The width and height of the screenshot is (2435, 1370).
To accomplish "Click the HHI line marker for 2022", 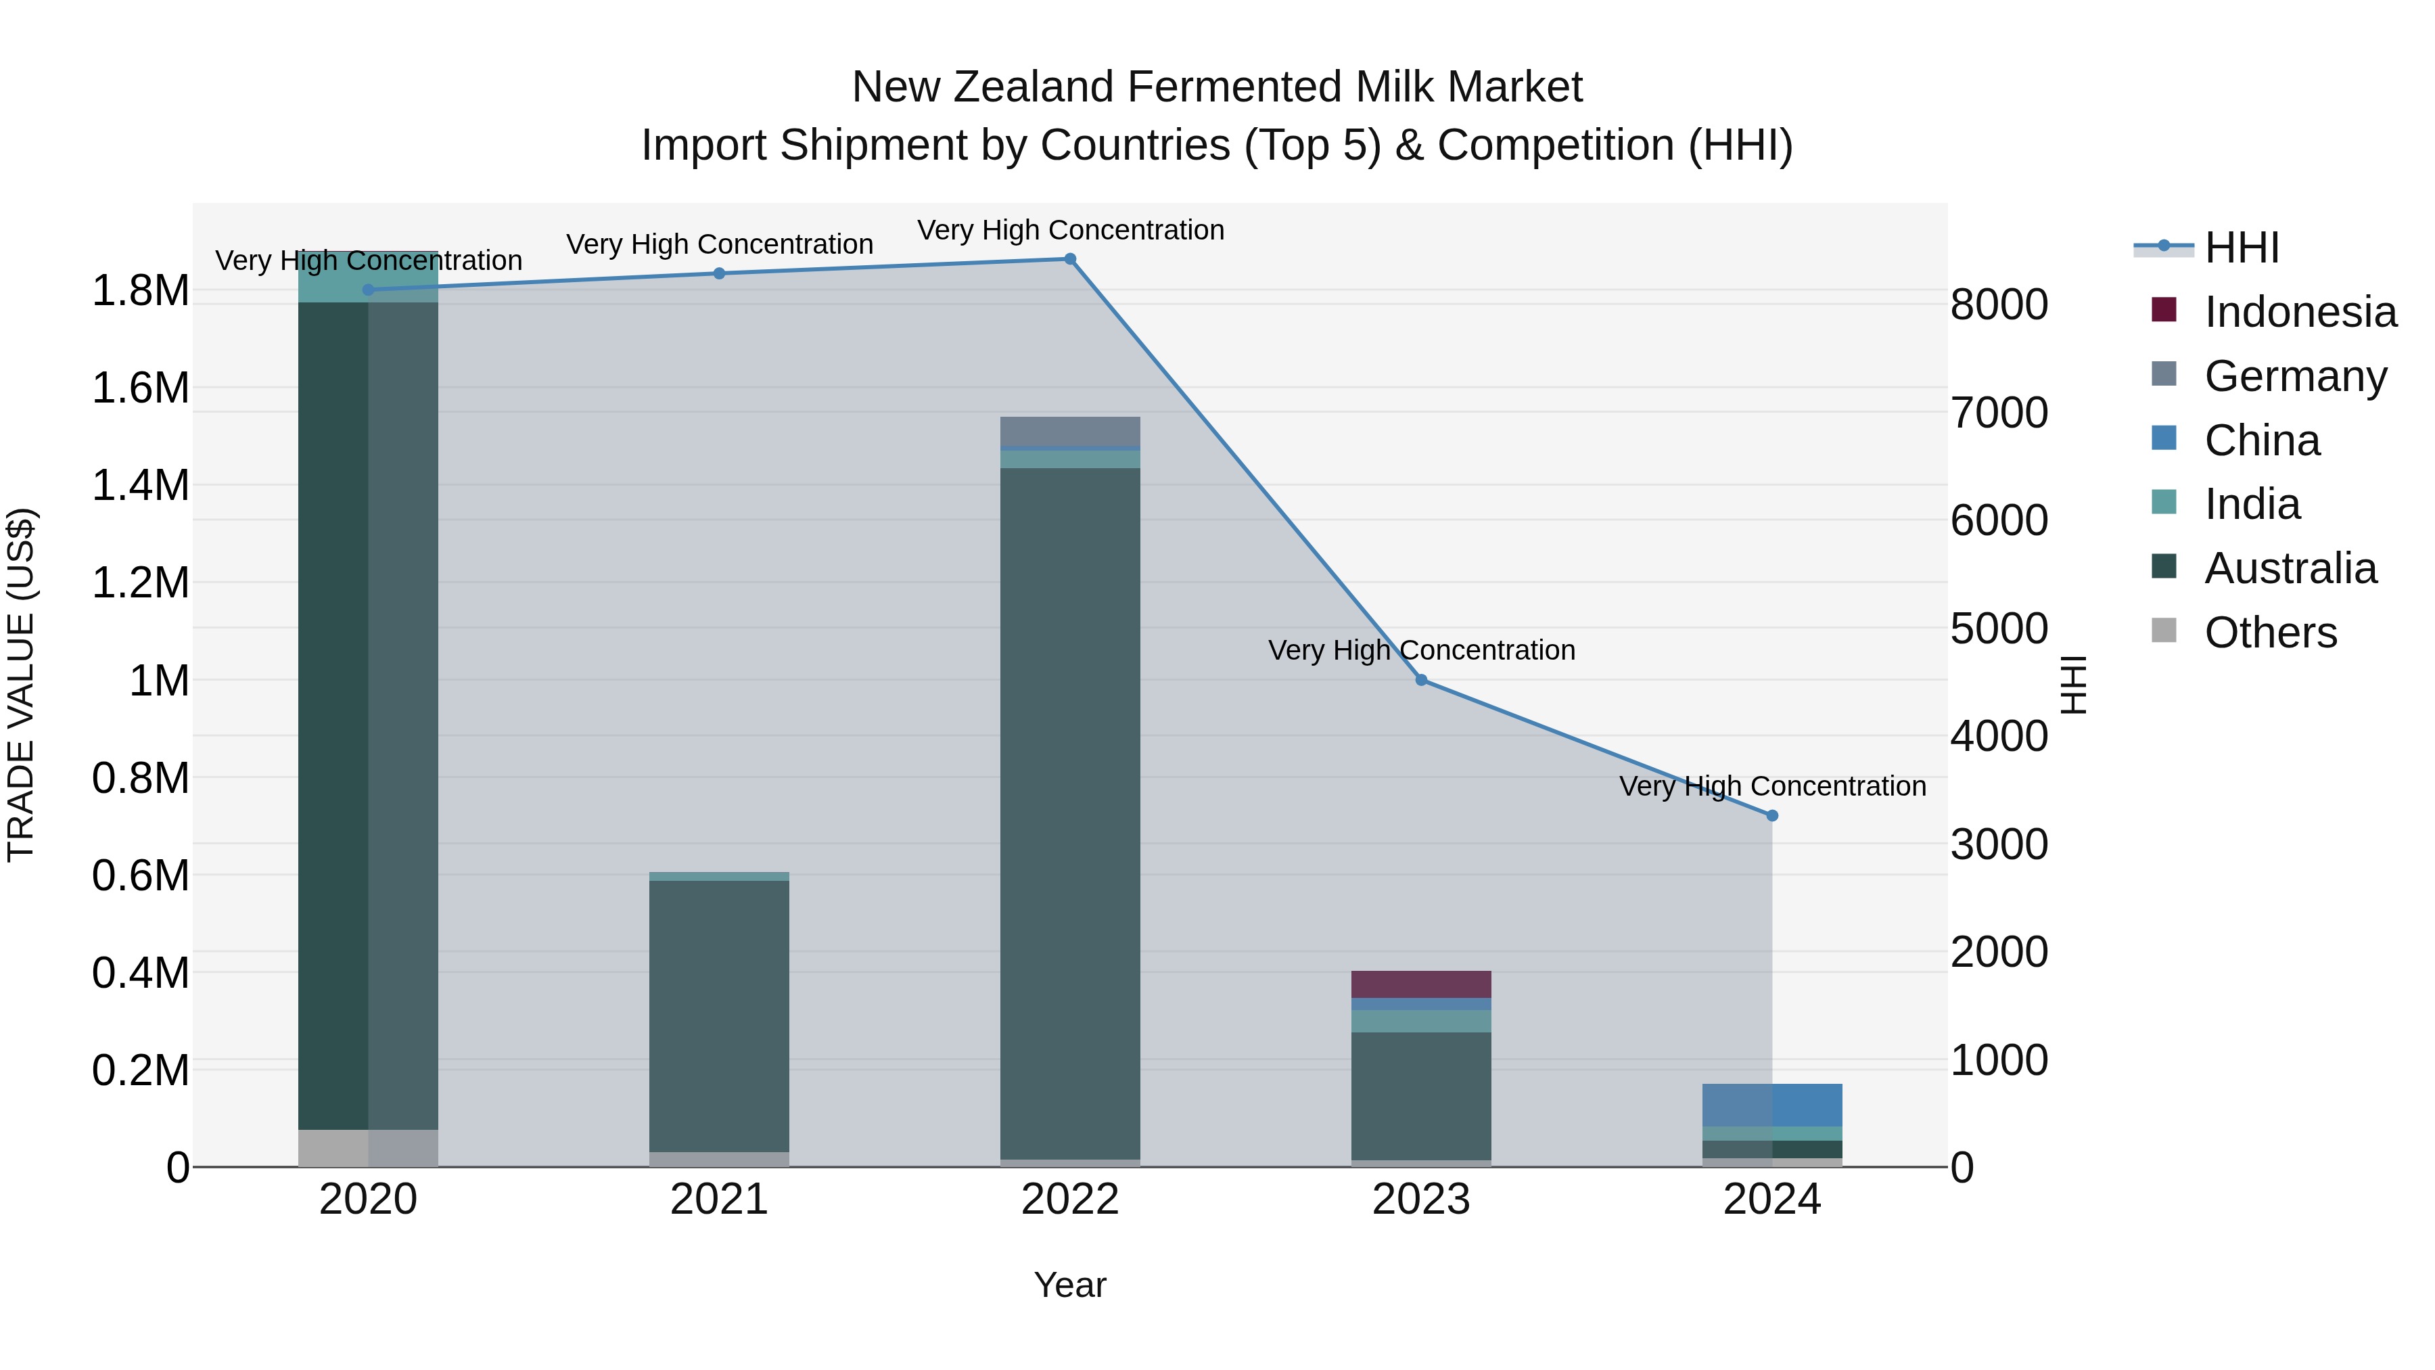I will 1070,259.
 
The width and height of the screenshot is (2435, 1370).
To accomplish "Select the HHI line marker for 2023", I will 1420,680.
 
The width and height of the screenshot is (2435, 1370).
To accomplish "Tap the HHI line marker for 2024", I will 1771,815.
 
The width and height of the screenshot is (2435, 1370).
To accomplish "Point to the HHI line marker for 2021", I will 720,273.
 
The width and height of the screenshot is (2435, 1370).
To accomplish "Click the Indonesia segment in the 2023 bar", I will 1420,984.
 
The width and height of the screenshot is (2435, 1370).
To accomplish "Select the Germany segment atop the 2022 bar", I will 1070,431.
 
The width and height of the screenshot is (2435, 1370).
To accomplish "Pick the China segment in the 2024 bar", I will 1771,1104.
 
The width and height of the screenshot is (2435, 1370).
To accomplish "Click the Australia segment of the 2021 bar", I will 720,1015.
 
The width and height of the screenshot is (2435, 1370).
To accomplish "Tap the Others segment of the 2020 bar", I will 368,1148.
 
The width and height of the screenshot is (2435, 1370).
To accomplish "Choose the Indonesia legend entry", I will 2300,312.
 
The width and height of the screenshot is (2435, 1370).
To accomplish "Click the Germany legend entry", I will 2295,376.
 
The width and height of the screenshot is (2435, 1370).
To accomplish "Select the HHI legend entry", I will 2242,248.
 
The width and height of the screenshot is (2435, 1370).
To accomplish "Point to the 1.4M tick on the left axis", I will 140,486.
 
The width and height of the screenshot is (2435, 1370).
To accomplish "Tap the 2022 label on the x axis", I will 1070,1200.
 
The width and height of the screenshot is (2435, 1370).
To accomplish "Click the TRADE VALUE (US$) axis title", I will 21,685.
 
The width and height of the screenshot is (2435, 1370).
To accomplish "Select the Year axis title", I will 1070,1285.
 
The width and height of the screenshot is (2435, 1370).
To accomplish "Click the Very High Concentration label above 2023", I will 1420,650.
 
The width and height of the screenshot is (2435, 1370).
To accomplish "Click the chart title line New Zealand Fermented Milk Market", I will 1217,87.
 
